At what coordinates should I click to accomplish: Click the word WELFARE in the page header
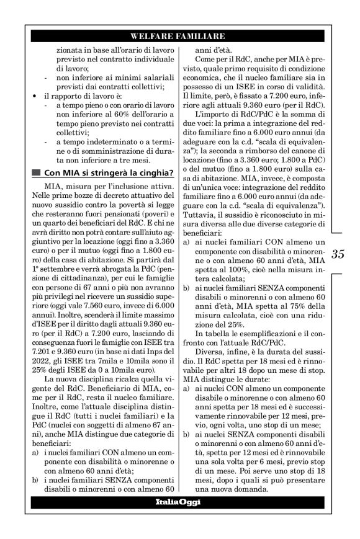153,36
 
